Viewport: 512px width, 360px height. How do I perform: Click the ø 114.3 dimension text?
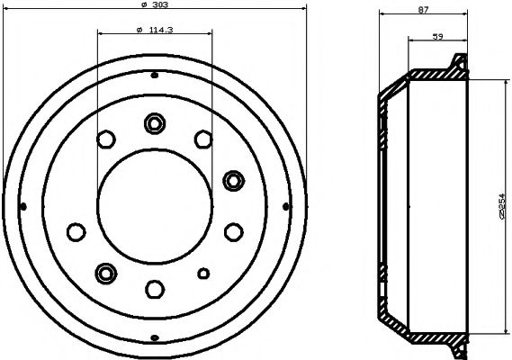click(154, 31)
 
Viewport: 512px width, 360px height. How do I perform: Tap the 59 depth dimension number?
click(437, 37)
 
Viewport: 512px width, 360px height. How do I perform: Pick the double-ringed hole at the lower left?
click(107, 272)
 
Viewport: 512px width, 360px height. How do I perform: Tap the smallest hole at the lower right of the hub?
click(203, 274)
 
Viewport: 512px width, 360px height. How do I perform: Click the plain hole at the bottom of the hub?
click(154, 289)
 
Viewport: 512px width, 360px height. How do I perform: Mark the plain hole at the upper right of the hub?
click(202, 138)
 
